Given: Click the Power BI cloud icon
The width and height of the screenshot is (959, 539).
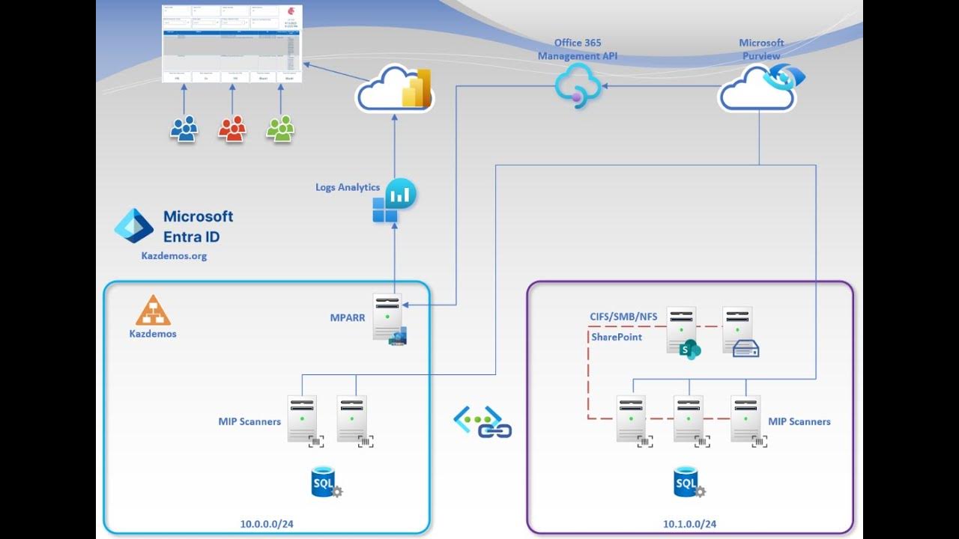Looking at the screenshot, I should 395,91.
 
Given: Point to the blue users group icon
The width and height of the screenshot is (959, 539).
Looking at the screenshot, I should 184,129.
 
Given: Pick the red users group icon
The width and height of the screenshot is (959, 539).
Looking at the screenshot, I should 232,129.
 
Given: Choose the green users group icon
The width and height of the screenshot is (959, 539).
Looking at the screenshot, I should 281,129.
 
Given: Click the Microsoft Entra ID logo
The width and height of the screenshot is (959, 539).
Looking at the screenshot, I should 133,225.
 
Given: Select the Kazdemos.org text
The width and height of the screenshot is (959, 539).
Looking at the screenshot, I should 174,256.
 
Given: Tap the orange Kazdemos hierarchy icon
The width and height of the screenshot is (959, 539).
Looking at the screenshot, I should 153,310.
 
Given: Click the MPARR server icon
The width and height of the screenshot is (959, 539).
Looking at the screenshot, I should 388,317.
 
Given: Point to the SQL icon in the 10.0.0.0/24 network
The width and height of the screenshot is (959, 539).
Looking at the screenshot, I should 325,482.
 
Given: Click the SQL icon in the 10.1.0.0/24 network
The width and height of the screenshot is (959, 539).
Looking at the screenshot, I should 688,482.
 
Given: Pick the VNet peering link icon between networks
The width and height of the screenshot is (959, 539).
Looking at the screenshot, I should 482,421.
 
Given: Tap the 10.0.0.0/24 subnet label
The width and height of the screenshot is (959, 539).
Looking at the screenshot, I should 267,523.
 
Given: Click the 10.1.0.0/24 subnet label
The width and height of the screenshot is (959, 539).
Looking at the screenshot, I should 689,523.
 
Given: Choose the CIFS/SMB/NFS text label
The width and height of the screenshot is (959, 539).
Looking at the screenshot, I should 623,317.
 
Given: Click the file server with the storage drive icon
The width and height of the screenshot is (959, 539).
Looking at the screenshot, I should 739,330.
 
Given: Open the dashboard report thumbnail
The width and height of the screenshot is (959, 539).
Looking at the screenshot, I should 232,43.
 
